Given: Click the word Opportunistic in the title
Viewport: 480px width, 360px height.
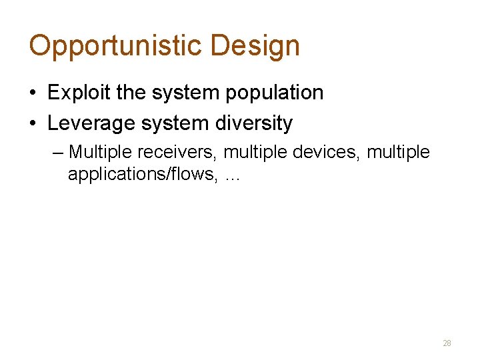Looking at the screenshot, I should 115,46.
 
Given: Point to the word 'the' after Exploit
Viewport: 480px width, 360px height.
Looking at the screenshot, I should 130,93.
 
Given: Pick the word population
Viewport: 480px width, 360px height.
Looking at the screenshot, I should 274,93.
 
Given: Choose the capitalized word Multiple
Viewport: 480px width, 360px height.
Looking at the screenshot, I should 101,153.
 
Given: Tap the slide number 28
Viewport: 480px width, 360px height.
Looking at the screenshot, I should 447,343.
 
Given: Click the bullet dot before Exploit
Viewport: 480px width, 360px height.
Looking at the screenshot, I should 33,93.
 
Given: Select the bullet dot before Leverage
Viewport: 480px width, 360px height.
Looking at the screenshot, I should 33,124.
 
